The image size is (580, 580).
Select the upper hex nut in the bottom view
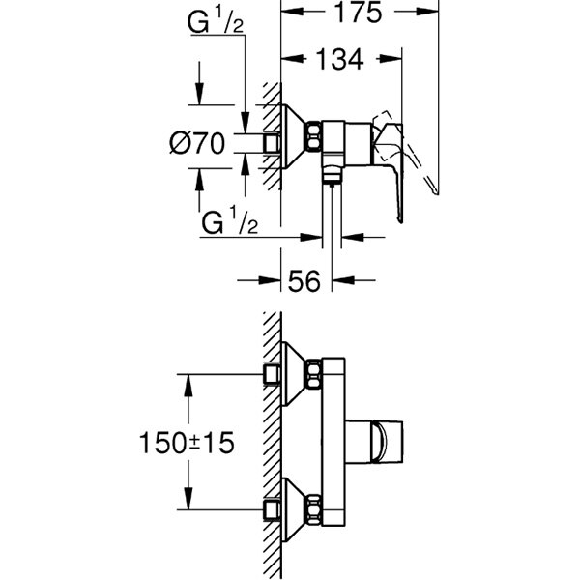coord(315,373)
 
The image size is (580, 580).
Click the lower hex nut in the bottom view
coord(315,508)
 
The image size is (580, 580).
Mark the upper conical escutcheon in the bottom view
coord(293,373)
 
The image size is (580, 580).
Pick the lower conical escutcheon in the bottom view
coord(293,508)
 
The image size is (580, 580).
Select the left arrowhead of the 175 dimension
coord(288,13)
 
